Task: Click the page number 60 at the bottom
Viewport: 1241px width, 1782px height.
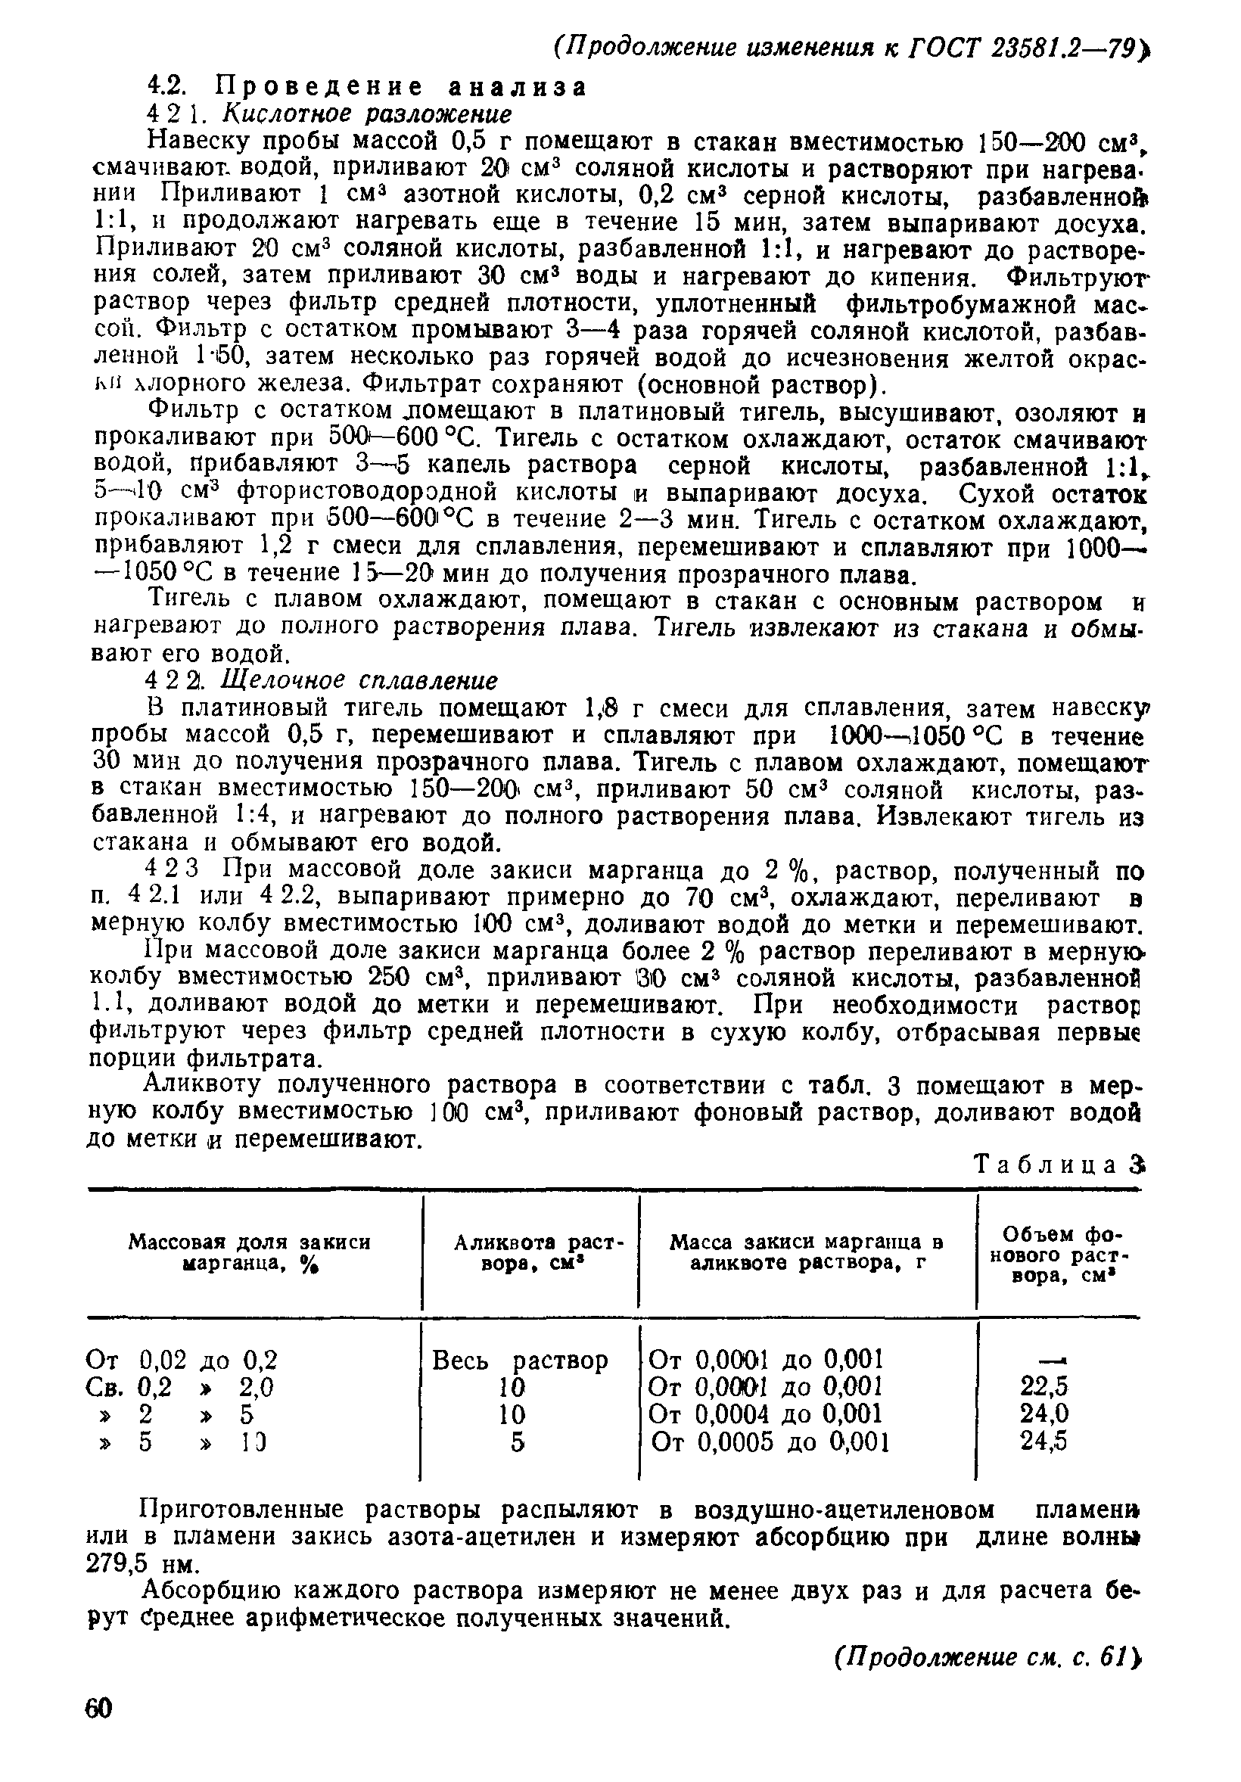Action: (99, 1731)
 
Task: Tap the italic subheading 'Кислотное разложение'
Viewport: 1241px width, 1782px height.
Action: (367, 114)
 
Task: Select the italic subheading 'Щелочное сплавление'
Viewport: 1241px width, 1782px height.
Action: (359, 681)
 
